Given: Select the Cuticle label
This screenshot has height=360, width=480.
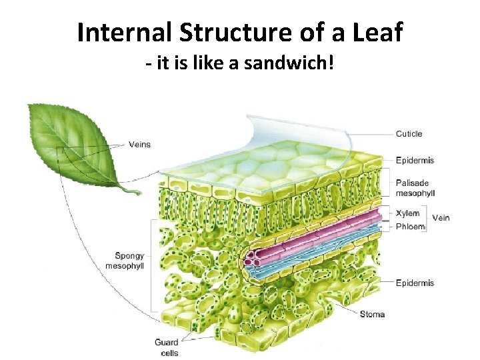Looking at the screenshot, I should (409, 134).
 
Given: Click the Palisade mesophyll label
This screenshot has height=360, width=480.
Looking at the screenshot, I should (415, 188).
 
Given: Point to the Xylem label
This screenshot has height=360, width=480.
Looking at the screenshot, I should (407, 213).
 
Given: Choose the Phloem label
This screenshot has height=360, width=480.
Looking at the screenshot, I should (410, 226).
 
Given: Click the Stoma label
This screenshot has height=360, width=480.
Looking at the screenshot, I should (372, 314).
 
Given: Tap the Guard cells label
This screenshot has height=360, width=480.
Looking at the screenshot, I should (167, 347).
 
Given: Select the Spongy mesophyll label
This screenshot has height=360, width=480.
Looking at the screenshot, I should (125, 260).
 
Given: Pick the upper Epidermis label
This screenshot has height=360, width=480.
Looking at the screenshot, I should (415, 160).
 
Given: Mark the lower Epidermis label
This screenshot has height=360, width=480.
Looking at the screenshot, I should (415, 283).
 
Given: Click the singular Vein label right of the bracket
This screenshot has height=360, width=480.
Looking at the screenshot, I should (441, 218).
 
